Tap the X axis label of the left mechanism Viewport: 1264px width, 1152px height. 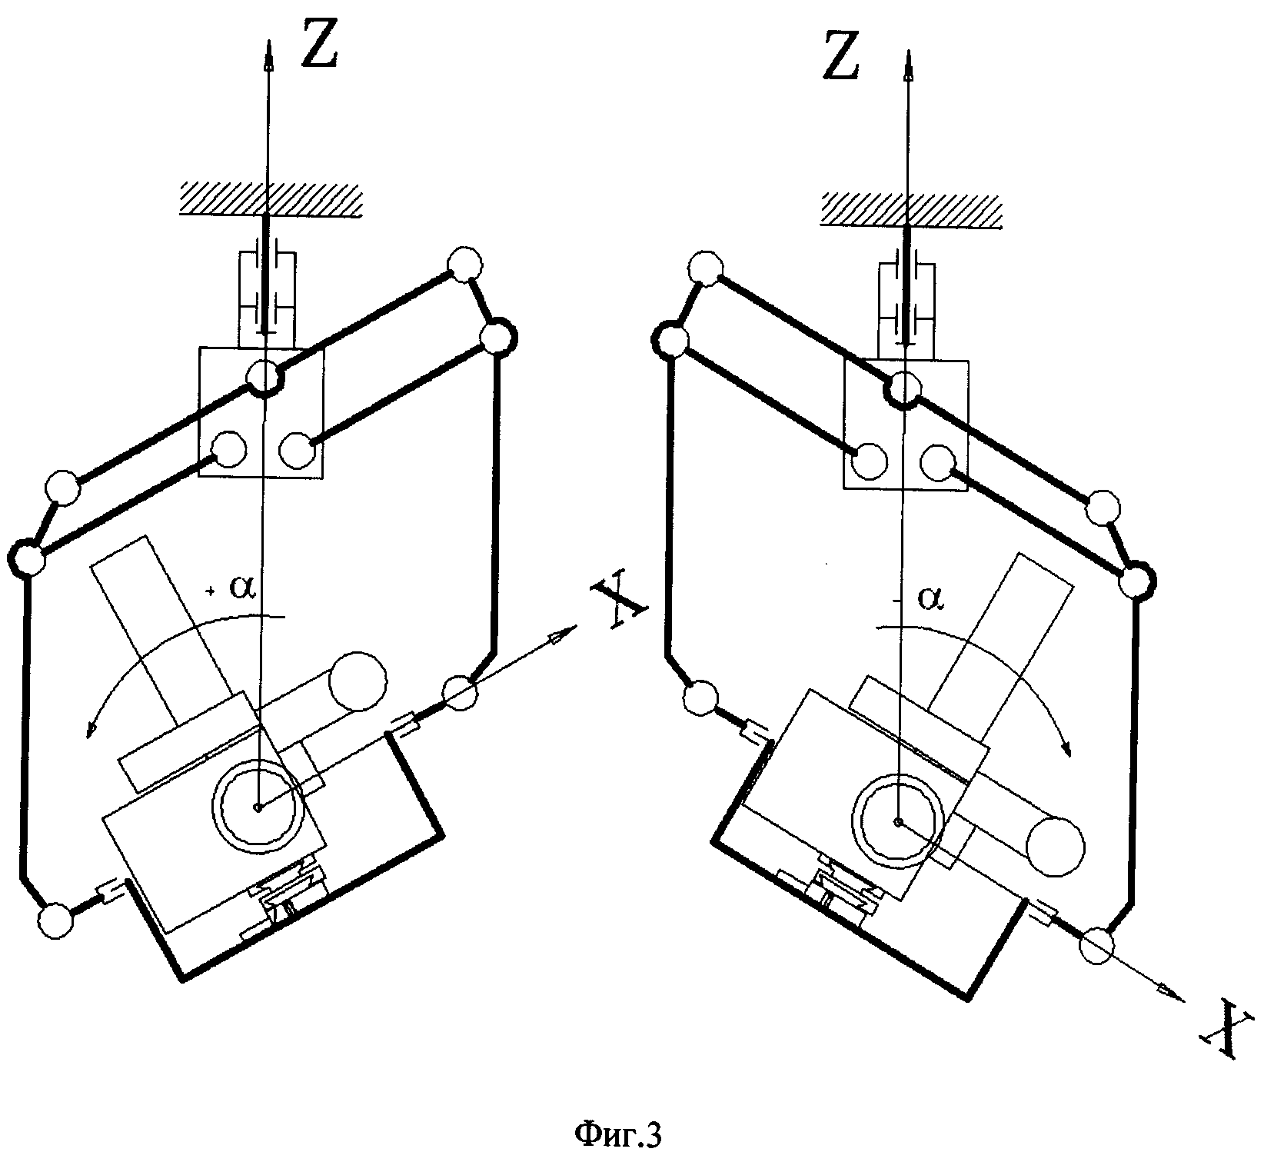tap(617, 604)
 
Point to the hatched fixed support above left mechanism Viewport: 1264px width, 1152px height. tap(269, 199)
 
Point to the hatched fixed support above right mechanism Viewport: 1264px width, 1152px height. tap(911, 209)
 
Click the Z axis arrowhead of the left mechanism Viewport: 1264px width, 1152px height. tap(268, 55)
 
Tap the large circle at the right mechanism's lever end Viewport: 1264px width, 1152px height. tap(1055, 846)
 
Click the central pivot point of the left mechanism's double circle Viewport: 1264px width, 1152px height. tap(258, 807)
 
